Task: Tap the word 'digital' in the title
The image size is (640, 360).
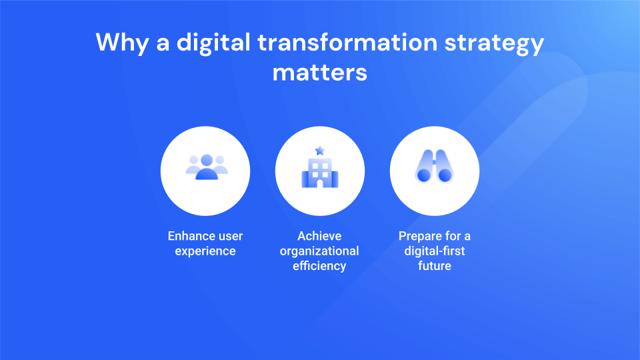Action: point(212,43)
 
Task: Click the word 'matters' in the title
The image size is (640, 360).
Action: point(320,71)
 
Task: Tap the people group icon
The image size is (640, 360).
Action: point(206,167)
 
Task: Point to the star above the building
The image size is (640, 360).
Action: point(320,150)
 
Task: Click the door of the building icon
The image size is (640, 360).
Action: point(320,183)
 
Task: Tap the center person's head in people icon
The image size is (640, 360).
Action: point(206,160)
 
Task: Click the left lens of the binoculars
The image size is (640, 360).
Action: point(423,175)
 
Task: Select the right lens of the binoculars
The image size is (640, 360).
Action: point(445,175)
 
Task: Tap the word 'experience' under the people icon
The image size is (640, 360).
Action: point(205,251)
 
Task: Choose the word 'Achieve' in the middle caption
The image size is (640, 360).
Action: point(319,236)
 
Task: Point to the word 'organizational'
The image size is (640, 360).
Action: point(319,251)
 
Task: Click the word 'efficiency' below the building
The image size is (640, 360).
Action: point(319,266)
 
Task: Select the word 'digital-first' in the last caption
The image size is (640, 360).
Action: point(434,251)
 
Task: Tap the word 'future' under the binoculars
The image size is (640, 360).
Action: point(434,266)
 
